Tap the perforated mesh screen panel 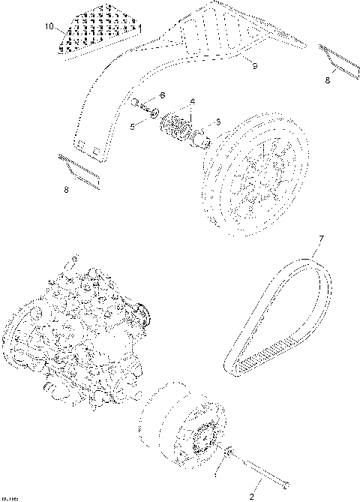pos(97,30)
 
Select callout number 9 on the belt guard pos(254,68)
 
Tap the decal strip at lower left pos(78,168)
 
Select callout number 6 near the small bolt pos(162,95)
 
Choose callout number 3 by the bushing pos(218,122)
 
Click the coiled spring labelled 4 pos(178,123)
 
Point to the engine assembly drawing pos(75,330)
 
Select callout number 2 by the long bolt pos(251,496)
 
